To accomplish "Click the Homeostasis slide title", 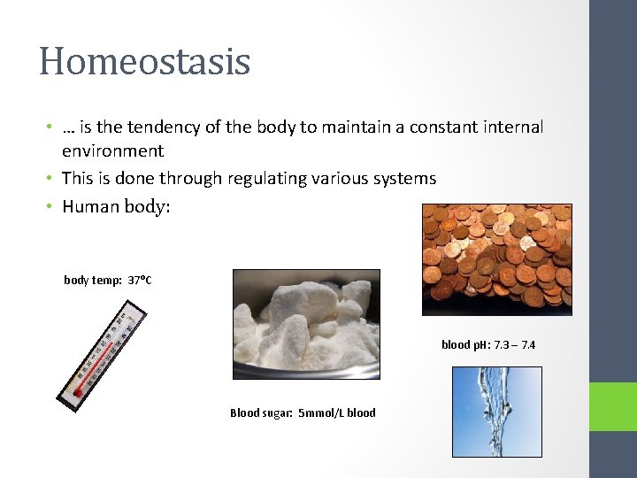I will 144,61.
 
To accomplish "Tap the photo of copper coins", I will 496,258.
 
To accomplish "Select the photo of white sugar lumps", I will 305,324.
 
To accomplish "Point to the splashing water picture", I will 496,412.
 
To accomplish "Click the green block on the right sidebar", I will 613,406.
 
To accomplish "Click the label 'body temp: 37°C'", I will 108,281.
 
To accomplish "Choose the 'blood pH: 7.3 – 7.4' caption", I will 487,344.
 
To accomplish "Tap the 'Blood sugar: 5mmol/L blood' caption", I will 303,412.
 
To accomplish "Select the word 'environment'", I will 112,151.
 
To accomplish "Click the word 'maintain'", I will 365,127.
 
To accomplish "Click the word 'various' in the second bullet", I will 336,179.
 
